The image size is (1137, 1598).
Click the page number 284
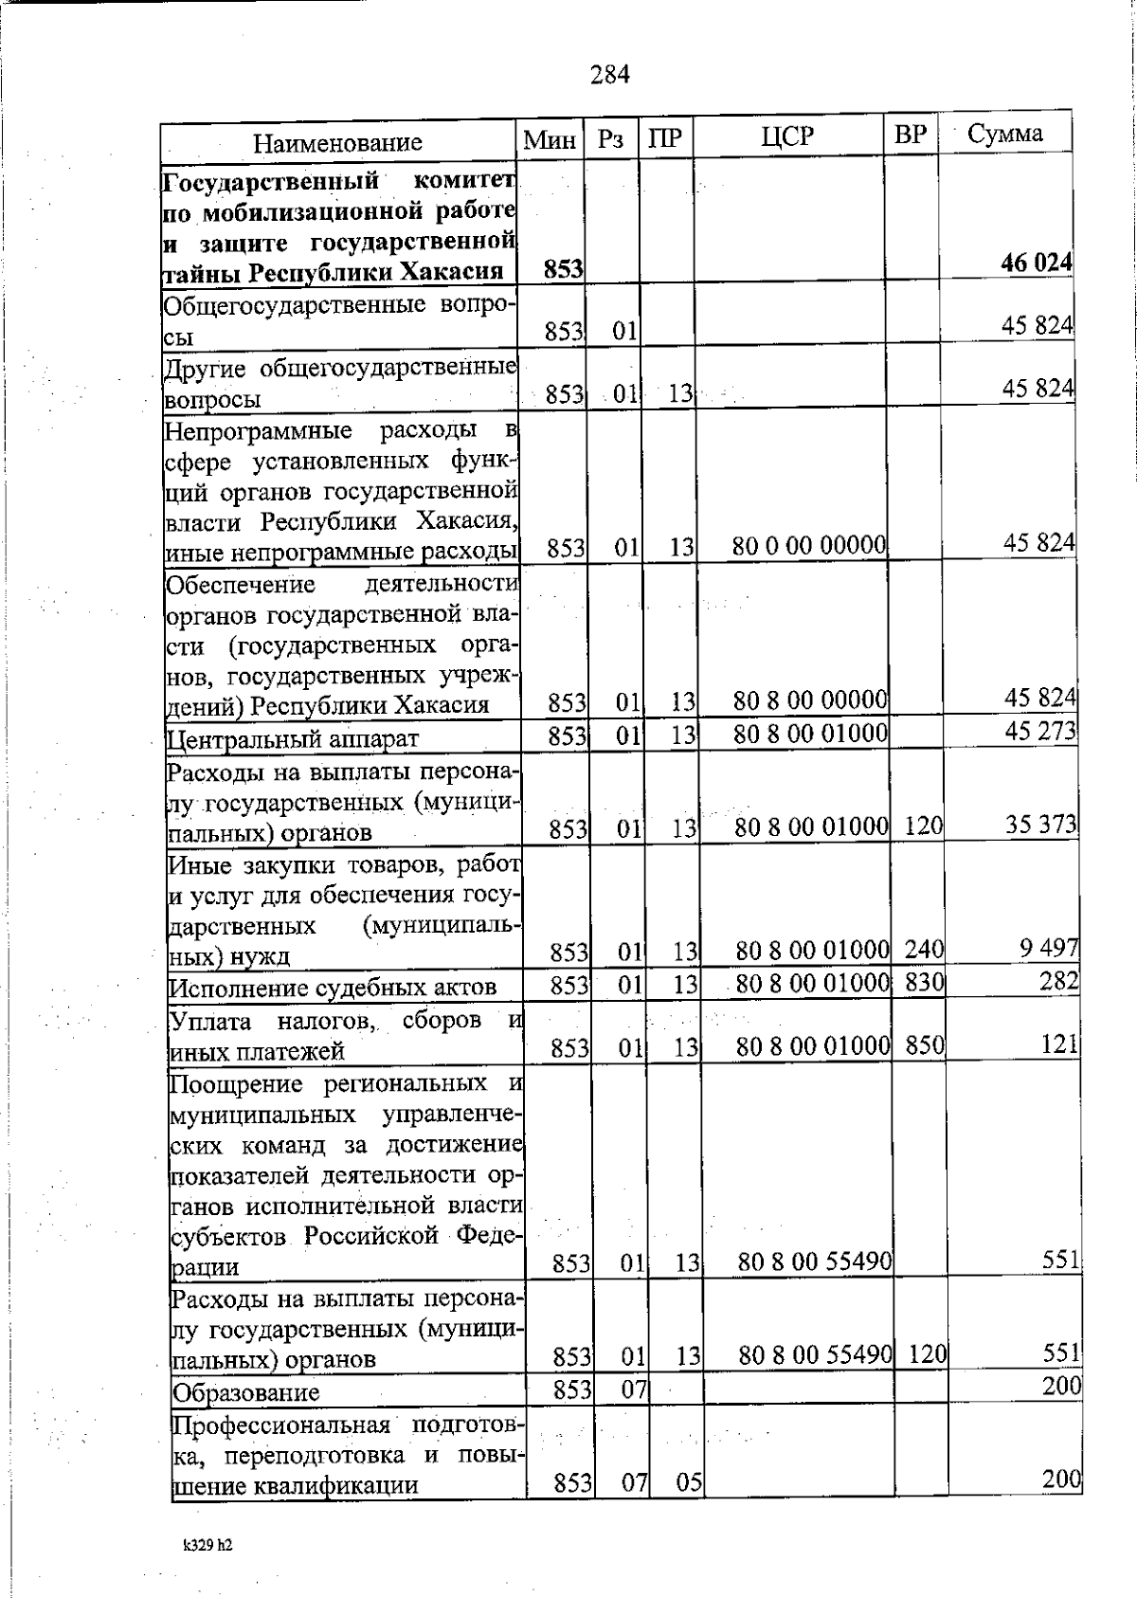pyautogui.click(x=609, y=74)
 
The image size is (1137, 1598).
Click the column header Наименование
pyautogui.click(x=337, y=143)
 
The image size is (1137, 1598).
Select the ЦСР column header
pyautogui.click(x=787, y=136)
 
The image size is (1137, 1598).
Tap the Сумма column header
pyautogui.click(x=1005, y=134)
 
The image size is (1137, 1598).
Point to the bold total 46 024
pyautogui.click(x=1037, y=263)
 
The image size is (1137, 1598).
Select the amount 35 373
pyautogui.click(x=1040, y=825)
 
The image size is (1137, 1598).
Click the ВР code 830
pyautogui.click(x=924, y=983)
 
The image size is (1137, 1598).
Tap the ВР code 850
pyautogui.click(x=925, y=1045)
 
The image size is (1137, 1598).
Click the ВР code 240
pyautogui.click(x=924, y=949)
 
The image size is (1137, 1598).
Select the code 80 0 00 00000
pyautogui.click(x=809, y=546)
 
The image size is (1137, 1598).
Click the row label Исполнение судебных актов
pyautogui.click(x=333, y=988)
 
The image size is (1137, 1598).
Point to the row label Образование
pyautogui.click(x=245, y=1392)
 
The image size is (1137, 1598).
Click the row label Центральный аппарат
pyautogui.click(x=292, y=738)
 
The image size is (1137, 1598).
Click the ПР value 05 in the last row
pyautogui.click(x=689, y=1482)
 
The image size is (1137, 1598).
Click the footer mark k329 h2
pyautogui.click(x=208, y=1544)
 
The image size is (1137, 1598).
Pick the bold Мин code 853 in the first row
pyautogui.click(x=563, y=270)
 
